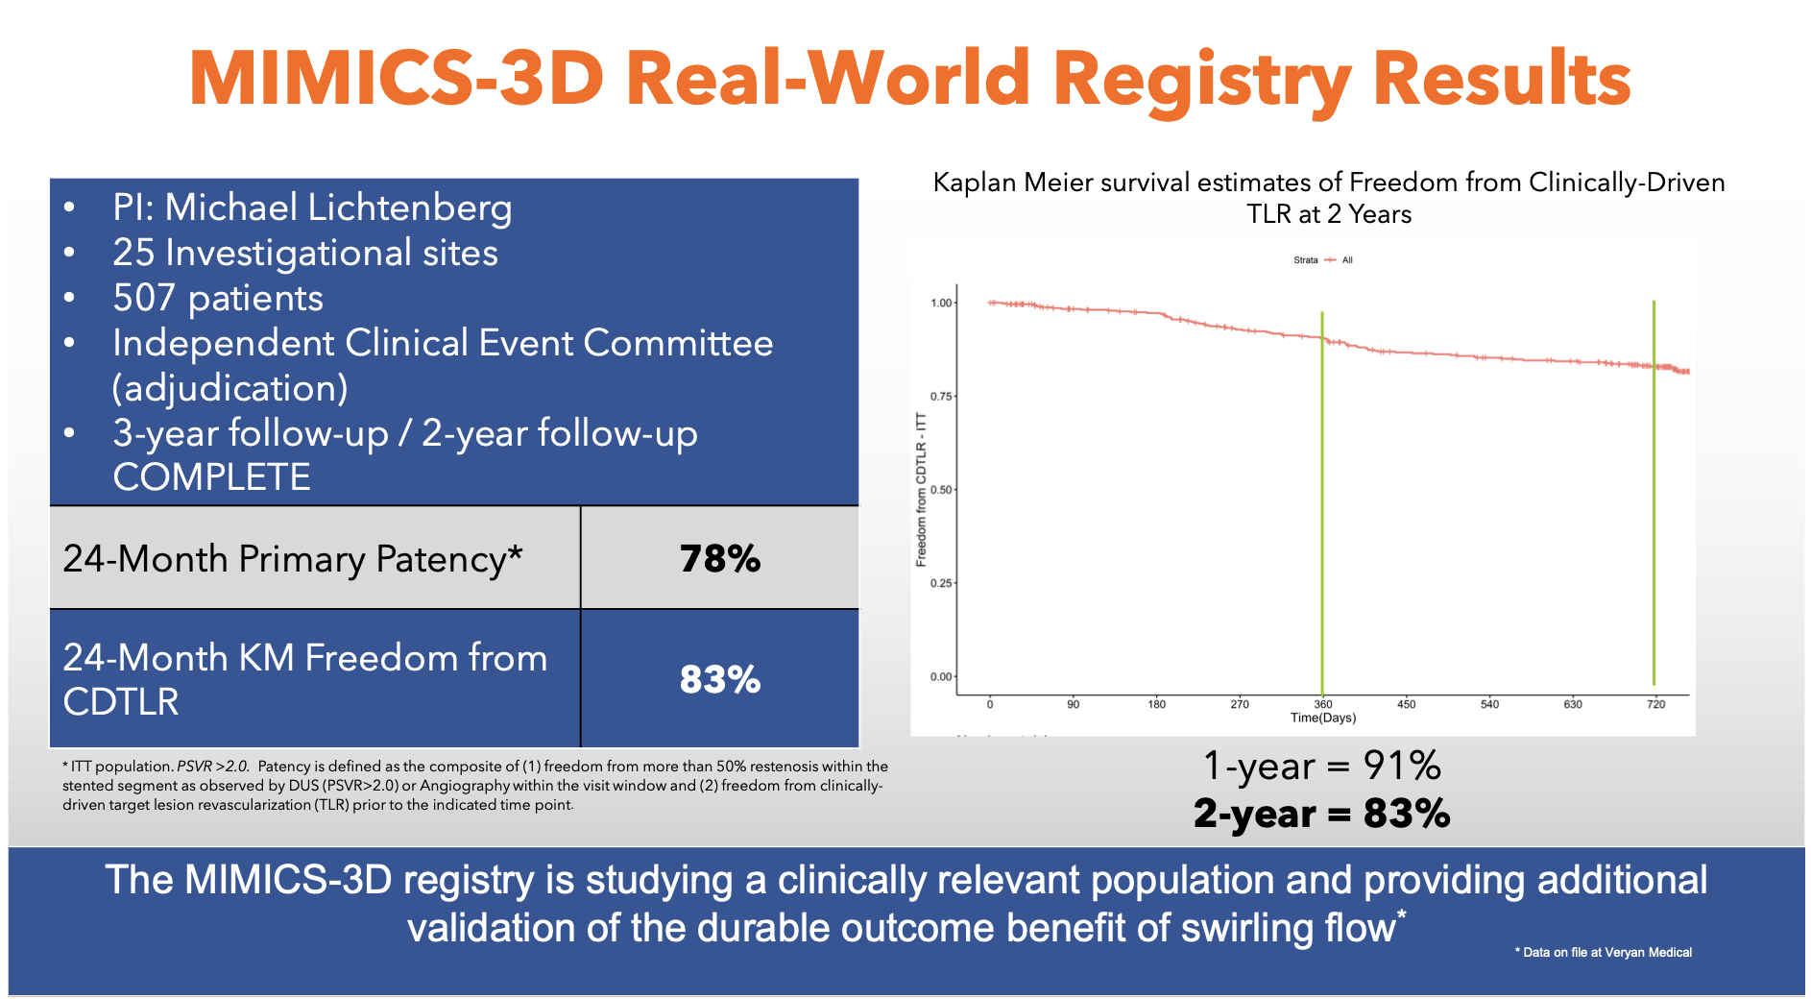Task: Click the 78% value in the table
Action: coord(719,559)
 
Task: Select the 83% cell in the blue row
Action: coord(719,680)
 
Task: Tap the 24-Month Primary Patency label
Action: coord(293,559)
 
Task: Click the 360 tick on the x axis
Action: coord(1322,704)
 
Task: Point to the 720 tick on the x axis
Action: coord(1655,704)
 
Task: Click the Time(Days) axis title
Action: coord(1322,719)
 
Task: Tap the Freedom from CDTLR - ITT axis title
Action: coord(921,490)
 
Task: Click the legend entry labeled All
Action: coord(1346,260)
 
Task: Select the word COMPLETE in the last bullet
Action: coord(211,477)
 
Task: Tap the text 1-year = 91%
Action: coord(1322,767)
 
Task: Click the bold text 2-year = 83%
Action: coord(1322,814)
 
